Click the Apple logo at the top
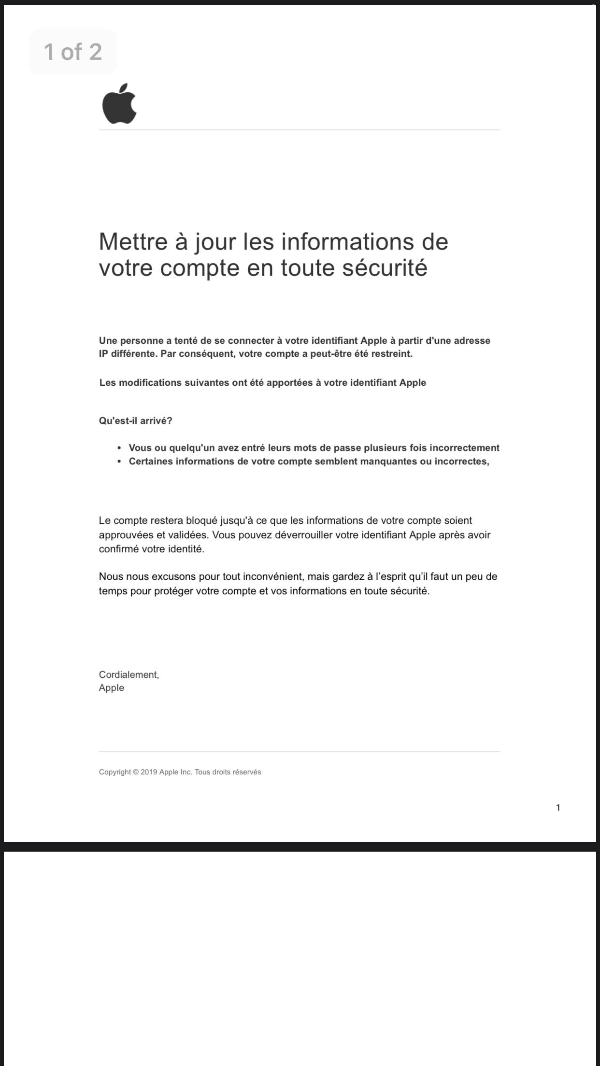119,103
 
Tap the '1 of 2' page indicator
73,52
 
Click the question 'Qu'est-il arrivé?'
135,421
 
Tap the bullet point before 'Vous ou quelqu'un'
119,448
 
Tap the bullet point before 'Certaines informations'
119,462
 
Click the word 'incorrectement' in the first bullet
464,448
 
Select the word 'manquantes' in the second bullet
366,461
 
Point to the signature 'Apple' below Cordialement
112,688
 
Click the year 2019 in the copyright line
149,772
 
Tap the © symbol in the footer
136,772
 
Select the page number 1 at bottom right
558,808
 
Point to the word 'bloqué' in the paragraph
201,520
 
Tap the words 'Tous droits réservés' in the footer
228,772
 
